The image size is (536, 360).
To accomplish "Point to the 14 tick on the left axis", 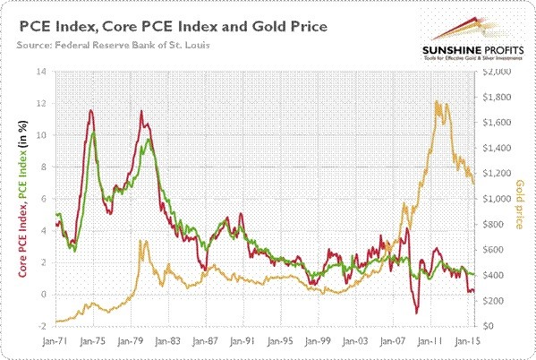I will [41, 72].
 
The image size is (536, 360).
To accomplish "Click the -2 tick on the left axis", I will [41, 327].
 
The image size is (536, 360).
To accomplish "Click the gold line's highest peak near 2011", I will [435, 101].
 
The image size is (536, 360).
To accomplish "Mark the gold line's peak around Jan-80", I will [140, 241].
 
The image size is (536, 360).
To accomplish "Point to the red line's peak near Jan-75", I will [90, 110].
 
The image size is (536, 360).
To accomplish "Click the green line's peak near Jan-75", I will [94, 133].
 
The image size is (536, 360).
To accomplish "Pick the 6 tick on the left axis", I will [41, 199].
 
